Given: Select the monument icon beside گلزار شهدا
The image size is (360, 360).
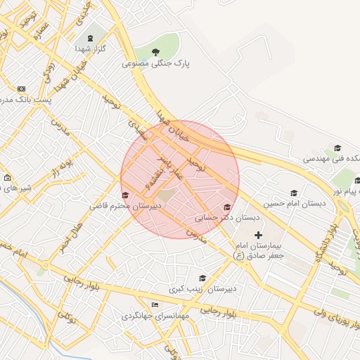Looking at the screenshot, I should pos(89,38).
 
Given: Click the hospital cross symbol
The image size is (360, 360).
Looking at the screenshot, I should pos(258,235).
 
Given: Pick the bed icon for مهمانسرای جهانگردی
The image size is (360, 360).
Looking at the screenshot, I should pos(155,304).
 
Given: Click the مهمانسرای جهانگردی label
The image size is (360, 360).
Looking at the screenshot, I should pos(156,316).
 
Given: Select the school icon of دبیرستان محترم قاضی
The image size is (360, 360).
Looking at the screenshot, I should pos(125,195).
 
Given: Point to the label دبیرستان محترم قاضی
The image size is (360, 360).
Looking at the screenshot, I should pos(125,207).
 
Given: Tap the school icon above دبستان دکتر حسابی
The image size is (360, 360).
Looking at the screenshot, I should pos(226,207).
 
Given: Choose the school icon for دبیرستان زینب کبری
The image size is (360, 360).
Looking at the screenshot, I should pos(203,278).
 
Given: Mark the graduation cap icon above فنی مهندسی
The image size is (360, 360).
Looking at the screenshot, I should pos(337,148).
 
